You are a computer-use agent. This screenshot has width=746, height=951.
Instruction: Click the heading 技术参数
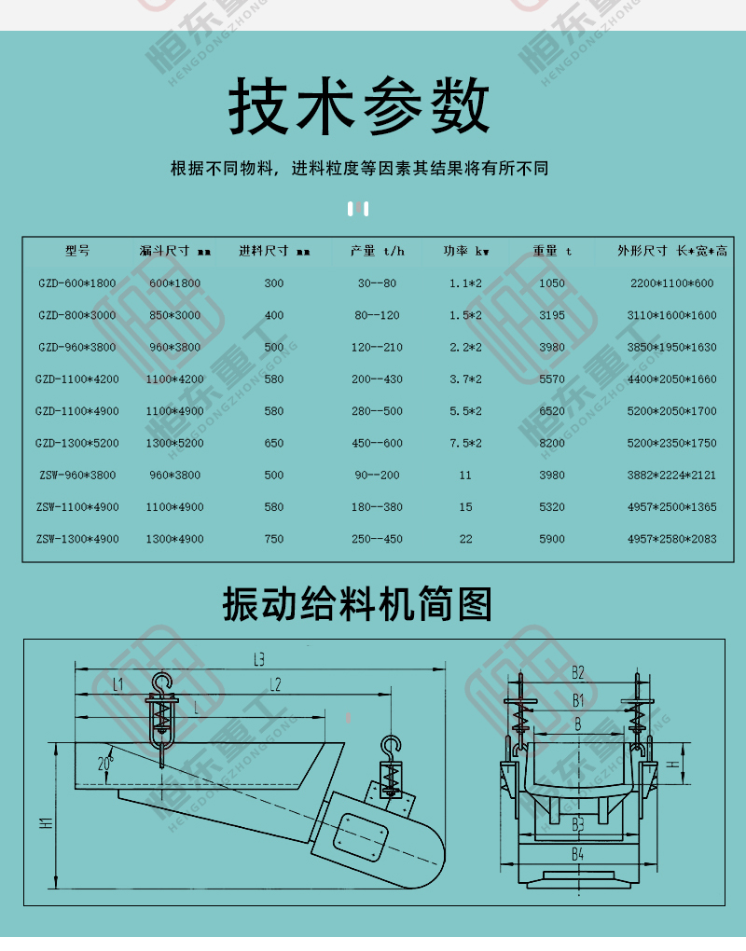[359, 105]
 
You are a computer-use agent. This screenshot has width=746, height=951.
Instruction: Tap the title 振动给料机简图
[357, 603]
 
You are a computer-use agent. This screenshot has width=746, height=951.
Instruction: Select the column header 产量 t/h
[378, 251]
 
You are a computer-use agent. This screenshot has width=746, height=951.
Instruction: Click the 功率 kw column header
[466, 251]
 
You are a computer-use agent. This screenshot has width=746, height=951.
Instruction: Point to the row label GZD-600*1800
[77, 283]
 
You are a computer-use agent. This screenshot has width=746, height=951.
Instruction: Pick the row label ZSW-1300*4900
[77, 539]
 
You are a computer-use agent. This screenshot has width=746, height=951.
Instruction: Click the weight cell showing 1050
[552, 283]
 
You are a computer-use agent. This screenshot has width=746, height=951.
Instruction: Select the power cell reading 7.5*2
[466, 444]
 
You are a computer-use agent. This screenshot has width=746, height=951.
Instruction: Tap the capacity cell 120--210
[378, 348]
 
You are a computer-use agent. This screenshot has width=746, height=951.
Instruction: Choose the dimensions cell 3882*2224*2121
[671, 475]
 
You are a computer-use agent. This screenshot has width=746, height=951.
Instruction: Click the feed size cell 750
[274, 539]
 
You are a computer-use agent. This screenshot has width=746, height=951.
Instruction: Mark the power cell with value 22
[466, 539]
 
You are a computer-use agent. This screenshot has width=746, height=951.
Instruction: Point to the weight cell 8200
[552, 444]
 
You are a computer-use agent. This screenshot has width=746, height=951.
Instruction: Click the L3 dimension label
[259, 659]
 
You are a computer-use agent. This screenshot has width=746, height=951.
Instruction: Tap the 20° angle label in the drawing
[105, 763]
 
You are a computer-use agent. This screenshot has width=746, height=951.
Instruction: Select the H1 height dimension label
[46, 823]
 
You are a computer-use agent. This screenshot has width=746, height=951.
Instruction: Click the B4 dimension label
[577, 855]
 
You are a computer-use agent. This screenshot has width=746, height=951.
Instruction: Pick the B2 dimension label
[578, 672]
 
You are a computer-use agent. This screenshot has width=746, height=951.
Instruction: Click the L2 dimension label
[275, 684]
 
